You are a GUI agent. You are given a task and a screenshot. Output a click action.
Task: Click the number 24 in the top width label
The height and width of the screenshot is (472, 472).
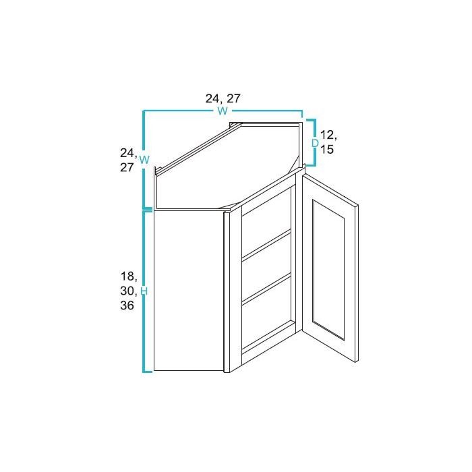tap(212, 98)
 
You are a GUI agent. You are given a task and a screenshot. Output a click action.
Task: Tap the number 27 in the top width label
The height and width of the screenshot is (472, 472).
tap(233, 98)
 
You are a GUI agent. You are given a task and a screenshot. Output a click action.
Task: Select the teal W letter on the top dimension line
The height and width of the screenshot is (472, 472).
tap(222, 111)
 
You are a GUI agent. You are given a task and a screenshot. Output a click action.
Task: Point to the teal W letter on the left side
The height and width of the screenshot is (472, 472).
tap(144, 160)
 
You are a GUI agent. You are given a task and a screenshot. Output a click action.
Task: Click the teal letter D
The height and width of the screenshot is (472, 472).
tap(314, 143)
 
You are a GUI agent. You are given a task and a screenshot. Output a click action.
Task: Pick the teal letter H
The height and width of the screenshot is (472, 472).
tap(144, 291)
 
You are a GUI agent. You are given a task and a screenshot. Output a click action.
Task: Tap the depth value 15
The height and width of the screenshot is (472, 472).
tap(327, 150)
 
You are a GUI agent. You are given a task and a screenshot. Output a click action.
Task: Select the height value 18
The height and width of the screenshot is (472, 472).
tap(128, 276)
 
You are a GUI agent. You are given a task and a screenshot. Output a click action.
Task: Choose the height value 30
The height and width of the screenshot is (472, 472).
tap(128, 291)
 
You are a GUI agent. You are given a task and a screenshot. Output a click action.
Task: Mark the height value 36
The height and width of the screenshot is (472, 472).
tap(127, 305)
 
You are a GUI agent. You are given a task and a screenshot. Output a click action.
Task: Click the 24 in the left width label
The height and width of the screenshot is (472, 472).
tap(128, 153)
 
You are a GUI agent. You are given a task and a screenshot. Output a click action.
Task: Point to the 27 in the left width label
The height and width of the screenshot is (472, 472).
tap(127, 168)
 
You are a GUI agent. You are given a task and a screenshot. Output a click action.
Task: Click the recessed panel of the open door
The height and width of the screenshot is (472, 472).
tap(329, 270)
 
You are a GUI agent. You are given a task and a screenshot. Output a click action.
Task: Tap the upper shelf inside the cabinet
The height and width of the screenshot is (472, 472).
tap(266, 244)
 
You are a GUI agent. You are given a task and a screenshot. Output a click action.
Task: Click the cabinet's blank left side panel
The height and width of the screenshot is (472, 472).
tap(189, 290)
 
